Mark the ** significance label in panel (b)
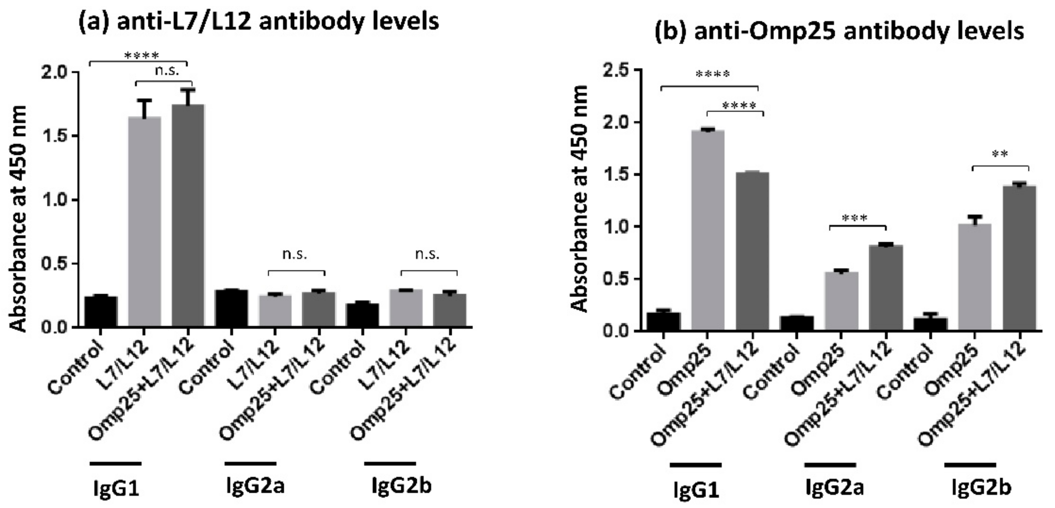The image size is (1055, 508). coord(1000,155)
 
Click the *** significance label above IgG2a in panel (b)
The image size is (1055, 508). coord(854,218)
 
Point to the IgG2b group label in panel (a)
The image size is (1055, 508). coord(401,487)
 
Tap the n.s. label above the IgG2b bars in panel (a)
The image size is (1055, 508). coord(427,255)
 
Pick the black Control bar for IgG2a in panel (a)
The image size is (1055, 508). coord(231,308)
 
